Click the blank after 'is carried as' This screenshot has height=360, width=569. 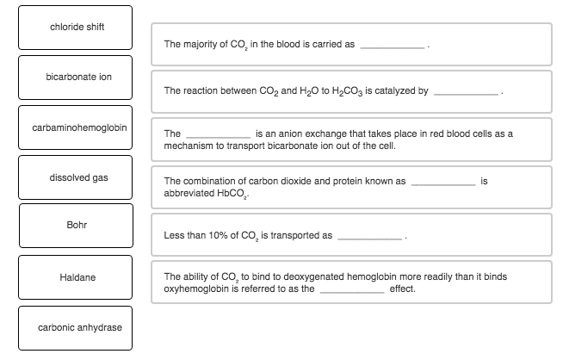392,44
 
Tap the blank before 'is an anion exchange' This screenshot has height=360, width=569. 218,135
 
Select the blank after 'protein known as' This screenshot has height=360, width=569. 442,182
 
